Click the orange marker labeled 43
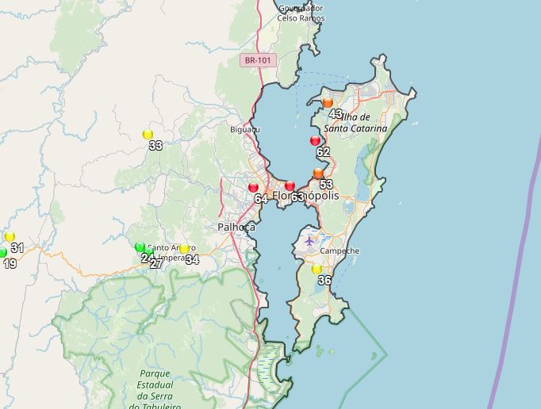[x=328, y=102]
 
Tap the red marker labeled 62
[x=315, y=140]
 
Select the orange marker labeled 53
[x=318, y=173]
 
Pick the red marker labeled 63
[x=290, y=185]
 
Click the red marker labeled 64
[x=253, y=187]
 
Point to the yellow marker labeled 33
[x=148, y=134]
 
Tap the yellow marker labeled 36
[x=317, y=269]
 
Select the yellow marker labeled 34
[x=184, y=249]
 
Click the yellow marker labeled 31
[x=10, y=236]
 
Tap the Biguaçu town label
[x=244, y=129]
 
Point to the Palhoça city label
[x=236, y=227]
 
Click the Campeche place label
[x=340, y=251]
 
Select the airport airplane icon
[x=309, y=240]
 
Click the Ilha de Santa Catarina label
[x=356, y=122]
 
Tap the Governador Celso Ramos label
[x=301, y=13]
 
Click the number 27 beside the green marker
[x=156, y=263]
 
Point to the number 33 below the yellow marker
[x=155, y=146]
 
